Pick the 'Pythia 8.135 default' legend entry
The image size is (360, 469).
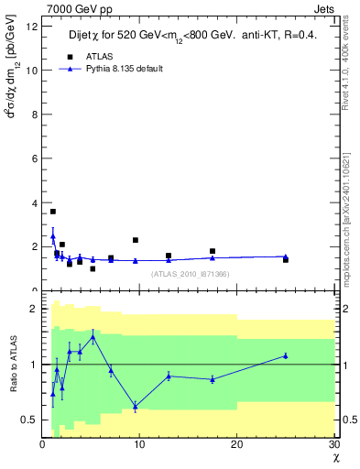[126, 69]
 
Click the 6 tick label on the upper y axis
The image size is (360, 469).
[34, 158]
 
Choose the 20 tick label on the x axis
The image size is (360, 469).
[236, 444]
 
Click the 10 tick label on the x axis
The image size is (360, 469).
[139, 444]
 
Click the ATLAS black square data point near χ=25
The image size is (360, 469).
[286, 260]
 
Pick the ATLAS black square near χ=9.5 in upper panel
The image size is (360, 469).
[136, 240]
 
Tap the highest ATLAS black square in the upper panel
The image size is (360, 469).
[52, 212]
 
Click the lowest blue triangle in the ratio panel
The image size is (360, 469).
[136, 406]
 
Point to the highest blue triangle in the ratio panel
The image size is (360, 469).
[93, 337]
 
